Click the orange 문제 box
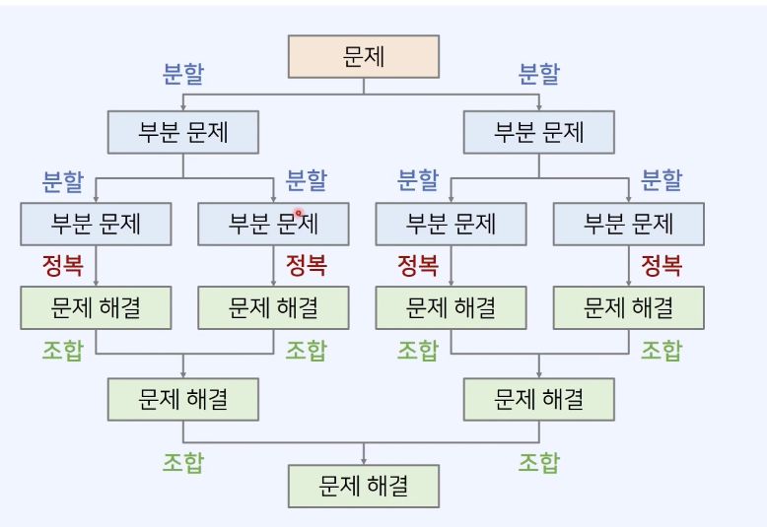coord(363,56)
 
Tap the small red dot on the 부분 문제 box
coord(297,211)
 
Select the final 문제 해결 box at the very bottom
coord(363,485)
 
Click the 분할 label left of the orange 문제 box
coord(182,74)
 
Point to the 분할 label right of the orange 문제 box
coord(538,74)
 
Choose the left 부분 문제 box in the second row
coord(183,131)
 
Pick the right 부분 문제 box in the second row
coord(538,131)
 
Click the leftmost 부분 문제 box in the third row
coord(96,224)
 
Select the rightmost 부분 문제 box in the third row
coord(628,224)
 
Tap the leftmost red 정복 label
coord(62,265)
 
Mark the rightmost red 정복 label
coord(661,265)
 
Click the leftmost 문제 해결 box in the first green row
coord(96,307)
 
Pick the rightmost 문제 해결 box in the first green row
coord(628,307)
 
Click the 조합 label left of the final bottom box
coord(182,462)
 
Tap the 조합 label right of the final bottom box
coord(538,462)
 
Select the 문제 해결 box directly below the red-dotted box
coord(273,307)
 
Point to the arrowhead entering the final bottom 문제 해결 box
coord(364,460)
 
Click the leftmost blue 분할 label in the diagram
coord(62,181)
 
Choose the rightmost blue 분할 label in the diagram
coord(661,181)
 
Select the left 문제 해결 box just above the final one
coord(183,399)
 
